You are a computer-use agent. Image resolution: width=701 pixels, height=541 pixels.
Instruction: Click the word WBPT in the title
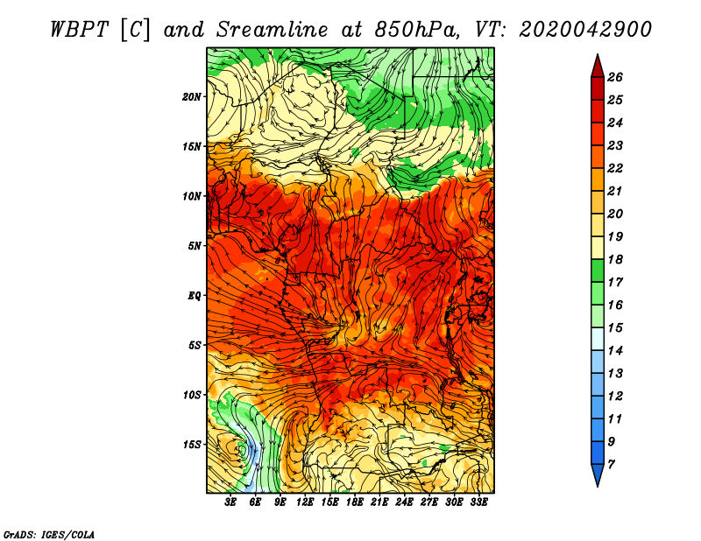coord(79,30)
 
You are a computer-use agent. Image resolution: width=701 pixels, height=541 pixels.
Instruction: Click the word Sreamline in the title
coord(273,30)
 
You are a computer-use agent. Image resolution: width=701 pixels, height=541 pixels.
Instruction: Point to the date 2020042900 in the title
coord(585,30)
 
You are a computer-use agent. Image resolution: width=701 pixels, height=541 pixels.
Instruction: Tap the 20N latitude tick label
coord(192,97)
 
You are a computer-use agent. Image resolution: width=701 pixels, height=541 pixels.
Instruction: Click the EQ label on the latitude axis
coord(195,296)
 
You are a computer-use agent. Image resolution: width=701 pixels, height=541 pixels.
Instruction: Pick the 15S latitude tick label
coord(192,445)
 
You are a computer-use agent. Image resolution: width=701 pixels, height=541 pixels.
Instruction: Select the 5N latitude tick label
coord(195,246)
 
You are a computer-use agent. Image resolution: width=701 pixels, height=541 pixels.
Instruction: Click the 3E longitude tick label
coord(230,502)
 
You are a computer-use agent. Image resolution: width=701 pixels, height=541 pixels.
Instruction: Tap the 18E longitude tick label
coord(355,502)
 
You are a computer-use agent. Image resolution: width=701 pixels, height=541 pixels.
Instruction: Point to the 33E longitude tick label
coord(478,502)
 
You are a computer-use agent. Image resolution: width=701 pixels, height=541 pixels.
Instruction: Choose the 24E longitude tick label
coord(404,502)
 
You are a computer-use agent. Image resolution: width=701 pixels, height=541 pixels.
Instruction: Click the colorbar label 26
coord(615,77)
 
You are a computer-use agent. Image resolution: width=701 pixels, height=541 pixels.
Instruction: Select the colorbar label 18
coord(615,259)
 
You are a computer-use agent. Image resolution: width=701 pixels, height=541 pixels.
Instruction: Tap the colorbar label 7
coord(611,465)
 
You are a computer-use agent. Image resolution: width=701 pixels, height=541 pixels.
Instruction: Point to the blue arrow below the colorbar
coord(598,474)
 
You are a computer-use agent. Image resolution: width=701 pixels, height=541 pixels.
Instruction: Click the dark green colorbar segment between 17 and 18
coord(598,270)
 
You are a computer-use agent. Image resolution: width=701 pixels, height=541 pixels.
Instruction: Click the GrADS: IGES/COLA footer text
coord(49,535)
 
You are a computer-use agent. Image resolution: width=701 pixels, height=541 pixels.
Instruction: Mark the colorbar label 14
coord(615,351)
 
